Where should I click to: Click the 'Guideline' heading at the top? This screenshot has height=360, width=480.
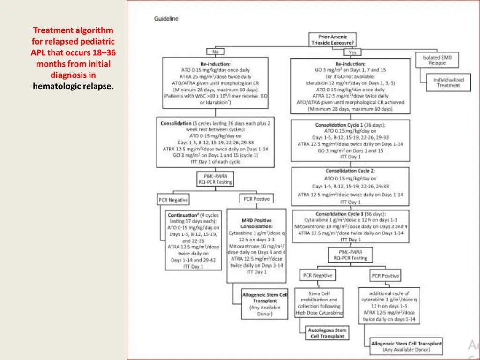(166, 19)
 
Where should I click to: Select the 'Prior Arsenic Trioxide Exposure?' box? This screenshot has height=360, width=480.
(333, 39)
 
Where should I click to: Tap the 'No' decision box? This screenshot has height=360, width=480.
(215, 52)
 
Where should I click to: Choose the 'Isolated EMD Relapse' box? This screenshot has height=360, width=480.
(437, 60)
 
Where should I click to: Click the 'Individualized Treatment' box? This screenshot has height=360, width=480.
(448, 82)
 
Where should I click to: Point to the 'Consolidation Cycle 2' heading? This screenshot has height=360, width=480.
(350, 171)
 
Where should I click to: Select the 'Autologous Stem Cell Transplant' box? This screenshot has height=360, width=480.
(328, 333)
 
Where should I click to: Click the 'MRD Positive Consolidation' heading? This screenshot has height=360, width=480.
(256, 223)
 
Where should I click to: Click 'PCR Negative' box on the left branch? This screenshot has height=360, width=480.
(173, 200)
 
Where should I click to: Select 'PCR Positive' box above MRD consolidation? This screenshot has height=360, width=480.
(256, 199)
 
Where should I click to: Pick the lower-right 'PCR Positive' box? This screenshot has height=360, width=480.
(385, 276)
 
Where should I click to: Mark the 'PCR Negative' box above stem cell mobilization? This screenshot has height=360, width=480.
(317, 275)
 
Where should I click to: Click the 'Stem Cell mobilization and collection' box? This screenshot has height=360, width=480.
(319, 303)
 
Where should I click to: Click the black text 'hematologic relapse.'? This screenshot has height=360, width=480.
(73, 86)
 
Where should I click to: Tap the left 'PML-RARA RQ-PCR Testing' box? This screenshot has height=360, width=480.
(215, 179)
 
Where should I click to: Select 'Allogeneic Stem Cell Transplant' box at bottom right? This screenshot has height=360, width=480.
(406, 346)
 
